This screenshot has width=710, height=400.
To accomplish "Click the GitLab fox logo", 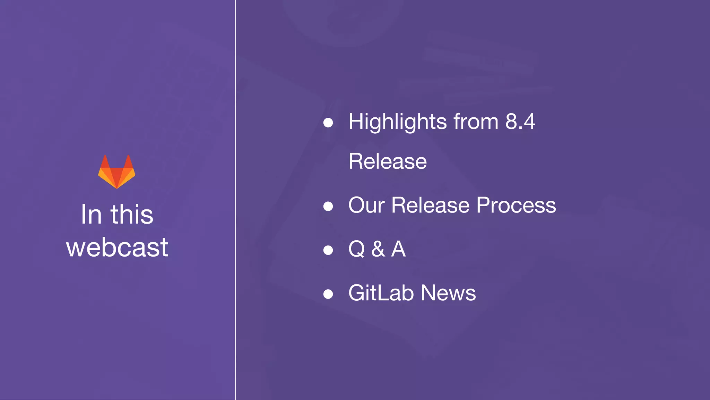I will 117,172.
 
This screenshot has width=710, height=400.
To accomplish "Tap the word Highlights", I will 398,122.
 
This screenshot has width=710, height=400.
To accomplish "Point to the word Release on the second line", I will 388,161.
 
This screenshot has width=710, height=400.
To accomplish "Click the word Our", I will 366,205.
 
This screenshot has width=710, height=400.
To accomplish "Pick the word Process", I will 516,205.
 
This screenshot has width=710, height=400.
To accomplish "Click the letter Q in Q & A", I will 356,249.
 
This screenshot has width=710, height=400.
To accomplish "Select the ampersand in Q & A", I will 378,249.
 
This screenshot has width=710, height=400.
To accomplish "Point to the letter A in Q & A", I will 398,249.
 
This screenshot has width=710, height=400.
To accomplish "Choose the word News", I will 448,293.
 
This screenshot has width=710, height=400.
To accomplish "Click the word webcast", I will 117,247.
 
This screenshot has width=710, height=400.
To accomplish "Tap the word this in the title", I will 132,214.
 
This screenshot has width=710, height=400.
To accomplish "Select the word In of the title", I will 92,214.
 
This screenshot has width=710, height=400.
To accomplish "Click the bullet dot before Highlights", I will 328,123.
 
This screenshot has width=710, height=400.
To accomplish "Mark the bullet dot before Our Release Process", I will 328,206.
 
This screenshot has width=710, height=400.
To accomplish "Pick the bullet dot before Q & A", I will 328,250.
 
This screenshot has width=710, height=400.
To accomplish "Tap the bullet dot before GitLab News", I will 328,294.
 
